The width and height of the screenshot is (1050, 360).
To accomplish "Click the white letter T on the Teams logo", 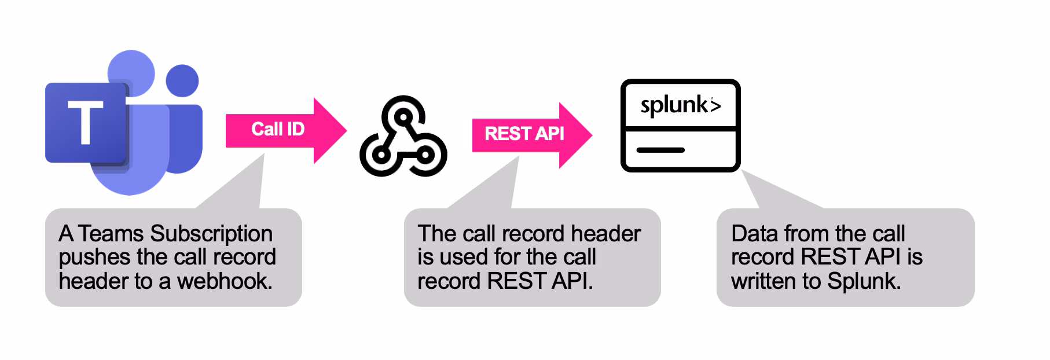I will tap(85, 122).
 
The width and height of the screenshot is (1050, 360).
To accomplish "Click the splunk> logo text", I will tap(680, 105).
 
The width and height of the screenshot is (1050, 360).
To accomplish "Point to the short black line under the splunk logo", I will tap(660, 150).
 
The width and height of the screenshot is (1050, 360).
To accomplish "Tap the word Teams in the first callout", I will tap(111, 233).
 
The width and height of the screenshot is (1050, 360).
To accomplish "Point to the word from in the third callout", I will tap(807, 233).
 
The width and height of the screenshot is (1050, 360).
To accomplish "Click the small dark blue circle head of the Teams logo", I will tap(182, 80).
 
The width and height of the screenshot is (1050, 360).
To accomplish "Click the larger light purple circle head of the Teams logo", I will tap(132, 72).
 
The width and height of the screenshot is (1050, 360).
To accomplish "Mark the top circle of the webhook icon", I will tap(403, 114).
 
